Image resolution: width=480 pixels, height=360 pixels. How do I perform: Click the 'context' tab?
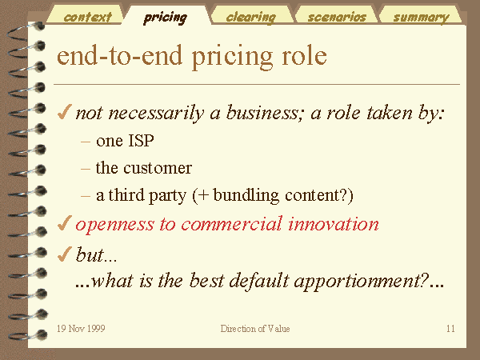[x=87, y=17]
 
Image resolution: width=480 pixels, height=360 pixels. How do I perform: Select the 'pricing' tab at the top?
[x=166, y=18]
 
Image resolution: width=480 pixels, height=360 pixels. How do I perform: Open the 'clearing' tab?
[x=251, y=18]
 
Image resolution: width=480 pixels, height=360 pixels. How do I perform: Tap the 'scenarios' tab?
[x=337, y=17]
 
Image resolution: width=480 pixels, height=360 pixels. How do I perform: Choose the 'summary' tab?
[x=422, y=18]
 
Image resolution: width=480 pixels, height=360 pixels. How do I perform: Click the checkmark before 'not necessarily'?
[x=65, y=112]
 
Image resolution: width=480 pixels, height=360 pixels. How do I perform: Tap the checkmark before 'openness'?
[x=65, y=223]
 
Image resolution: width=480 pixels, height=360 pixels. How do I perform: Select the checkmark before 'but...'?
[x=65, y=254]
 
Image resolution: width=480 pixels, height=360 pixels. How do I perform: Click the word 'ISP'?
[x=141, y=141]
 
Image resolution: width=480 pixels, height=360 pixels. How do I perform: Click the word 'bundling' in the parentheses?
[x=246, y=196]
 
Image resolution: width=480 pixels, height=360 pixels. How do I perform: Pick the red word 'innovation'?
[x=334, y=223]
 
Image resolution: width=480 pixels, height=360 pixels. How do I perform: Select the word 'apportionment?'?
[x=361, y=281]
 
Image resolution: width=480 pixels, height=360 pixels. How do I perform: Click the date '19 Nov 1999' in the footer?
[x=81, y=329]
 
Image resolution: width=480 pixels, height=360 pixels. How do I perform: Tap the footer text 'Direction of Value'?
[x=255, y=329]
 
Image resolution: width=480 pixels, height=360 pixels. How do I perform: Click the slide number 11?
[x=450, y=329]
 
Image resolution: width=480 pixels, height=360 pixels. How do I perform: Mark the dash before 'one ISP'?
[x=86, y=142]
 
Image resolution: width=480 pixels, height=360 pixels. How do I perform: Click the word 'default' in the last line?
[x=259, y=281]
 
